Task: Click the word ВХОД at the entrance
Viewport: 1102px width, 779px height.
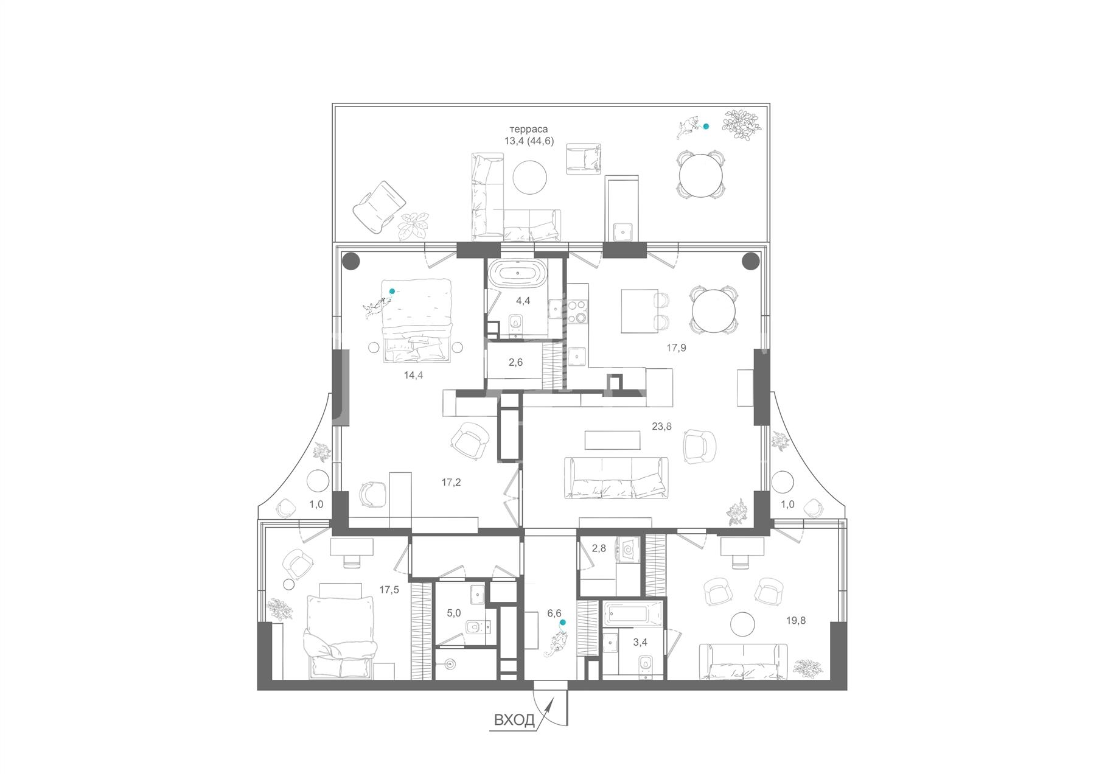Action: (x=514, y=721)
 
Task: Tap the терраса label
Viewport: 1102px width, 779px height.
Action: (x=529, y=129)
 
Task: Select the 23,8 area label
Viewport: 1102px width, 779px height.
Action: (x=661, y=427)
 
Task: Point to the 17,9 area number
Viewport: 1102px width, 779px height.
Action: (x=676, y=348)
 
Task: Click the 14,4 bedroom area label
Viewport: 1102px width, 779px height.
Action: (x=413, y=375)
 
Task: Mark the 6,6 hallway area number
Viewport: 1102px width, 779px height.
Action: (x=554, y=613)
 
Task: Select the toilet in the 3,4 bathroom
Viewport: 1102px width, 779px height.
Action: (x=646, y=663)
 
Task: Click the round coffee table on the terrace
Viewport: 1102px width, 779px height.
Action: (x=529, y=177)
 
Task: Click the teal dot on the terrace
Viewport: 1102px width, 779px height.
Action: (x=706, y=127)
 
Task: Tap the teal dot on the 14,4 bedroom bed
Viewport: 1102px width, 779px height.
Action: (x=392, y=292)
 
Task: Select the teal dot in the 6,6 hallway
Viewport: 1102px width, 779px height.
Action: (x=562, y=623)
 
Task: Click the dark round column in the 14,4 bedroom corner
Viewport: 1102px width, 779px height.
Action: (x=352, y=262)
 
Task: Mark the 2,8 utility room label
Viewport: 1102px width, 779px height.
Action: (x=599, y=548)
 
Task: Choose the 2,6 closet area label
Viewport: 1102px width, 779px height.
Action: (x=515, y=362)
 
